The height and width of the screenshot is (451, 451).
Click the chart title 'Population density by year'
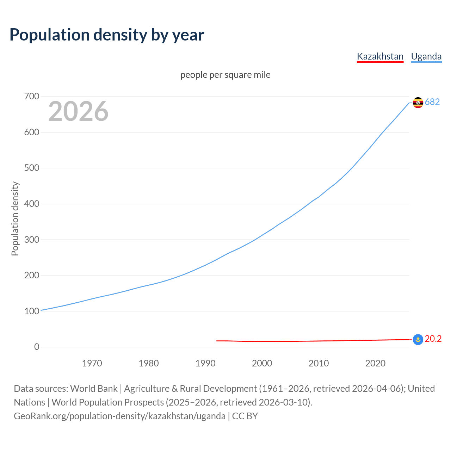pos(107,35)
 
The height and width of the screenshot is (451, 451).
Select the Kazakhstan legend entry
pos(380,56)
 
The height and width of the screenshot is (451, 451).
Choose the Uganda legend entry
pos(426,56)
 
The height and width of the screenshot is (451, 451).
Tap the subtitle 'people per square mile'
pos(225,75)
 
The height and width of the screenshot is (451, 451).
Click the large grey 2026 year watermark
pos(78,112)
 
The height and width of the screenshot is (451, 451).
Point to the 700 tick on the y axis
pos(32,96)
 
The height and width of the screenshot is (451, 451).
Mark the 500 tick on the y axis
pos(32,168)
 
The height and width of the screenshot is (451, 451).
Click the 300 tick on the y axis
pos(32,240)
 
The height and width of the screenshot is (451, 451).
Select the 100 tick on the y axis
pos(32,311)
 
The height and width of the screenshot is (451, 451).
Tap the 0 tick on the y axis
pos(37,347)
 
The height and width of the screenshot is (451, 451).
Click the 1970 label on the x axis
pos(92,363)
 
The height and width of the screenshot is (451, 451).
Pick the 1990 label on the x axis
pos(205,363)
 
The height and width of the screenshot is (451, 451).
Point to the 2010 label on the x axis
pos(319,363)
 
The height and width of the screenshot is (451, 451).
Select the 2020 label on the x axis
pos(375,363)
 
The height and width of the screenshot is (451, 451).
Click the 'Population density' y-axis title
pos(15,218)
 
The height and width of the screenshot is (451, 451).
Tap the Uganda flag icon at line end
pos(418,103)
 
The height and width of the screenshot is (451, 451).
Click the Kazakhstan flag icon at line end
pos(418,340)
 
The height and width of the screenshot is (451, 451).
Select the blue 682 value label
pos(432,102)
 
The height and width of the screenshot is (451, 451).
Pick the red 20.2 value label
pos(433,339)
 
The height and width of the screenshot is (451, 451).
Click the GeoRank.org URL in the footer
pos(119,416)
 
